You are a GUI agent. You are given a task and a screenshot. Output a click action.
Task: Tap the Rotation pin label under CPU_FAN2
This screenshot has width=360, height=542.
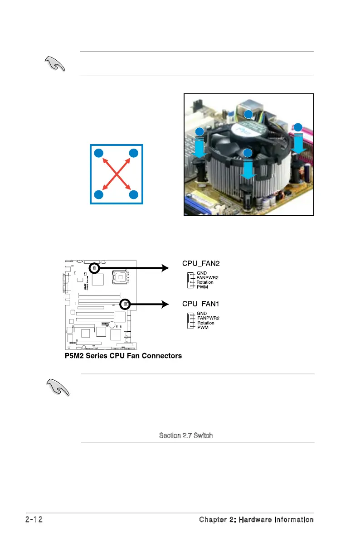point(205,282)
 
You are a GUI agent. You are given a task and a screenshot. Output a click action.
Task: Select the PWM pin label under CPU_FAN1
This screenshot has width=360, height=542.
point(203,327)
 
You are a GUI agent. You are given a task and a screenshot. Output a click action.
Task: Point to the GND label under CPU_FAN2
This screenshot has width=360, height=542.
point(202,273)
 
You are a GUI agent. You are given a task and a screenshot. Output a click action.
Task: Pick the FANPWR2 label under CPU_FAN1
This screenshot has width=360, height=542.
point(208,318)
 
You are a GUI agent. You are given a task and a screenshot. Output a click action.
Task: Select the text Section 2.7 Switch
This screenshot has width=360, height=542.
point(186,436)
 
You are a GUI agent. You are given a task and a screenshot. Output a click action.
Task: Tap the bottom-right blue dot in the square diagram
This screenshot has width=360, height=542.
point(133,195)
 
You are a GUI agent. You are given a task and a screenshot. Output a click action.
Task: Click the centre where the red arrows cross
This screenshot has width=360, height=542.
point(117,174)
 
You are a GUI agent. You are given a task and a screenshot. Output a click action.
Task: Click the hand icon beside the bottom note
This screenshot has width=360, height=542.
point(58,388)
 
